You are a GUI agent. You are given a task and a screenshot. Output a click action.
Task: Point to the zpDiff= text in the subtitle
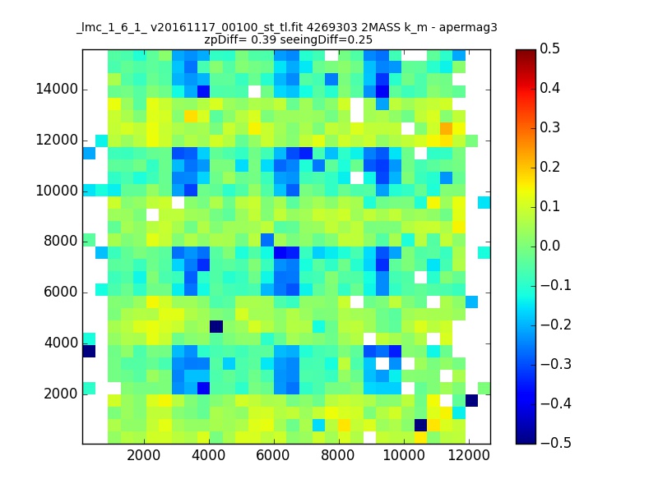coord(229,39)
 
